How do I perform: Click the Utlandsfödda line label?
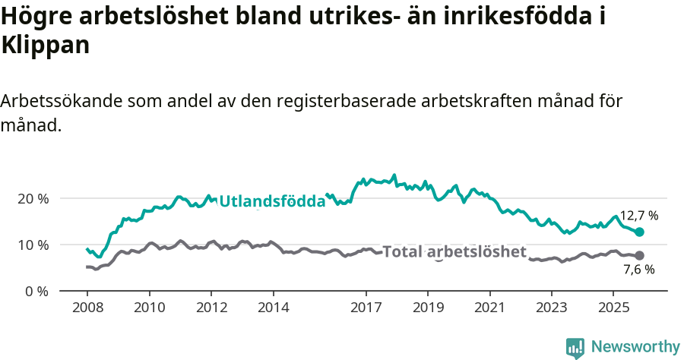(x=272, y=201)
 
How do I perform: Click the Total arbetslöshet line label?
(x=454, y=251)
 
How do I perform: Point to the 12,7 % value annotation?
(x=639, y=216)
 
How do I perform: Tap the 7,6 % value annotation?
(x=639, y=269)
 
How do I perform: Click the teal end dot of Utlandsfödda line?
(x=639, y=232)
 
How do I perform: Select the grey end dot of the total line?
(x=639, y=255)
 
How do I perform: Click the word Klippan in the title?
(x=46, y=45)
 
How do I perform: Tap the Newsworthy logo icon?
(x=575, y=348)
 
